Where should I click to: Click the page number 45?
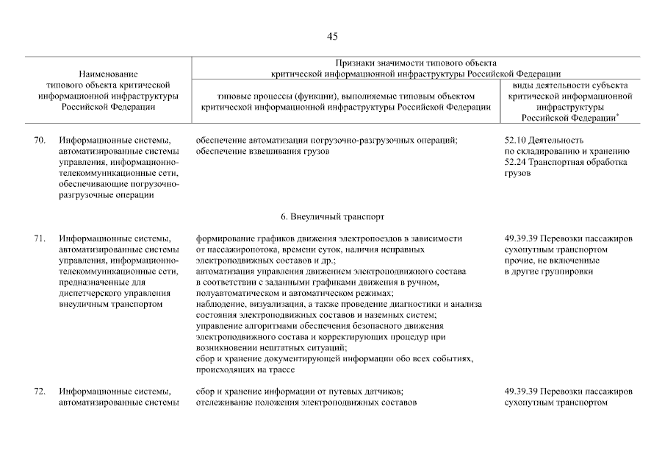coord(332,36)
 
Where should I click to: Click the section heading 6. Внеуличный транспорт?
coord(332,217)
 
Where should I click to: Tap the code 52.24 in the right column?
coord(516,161)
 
